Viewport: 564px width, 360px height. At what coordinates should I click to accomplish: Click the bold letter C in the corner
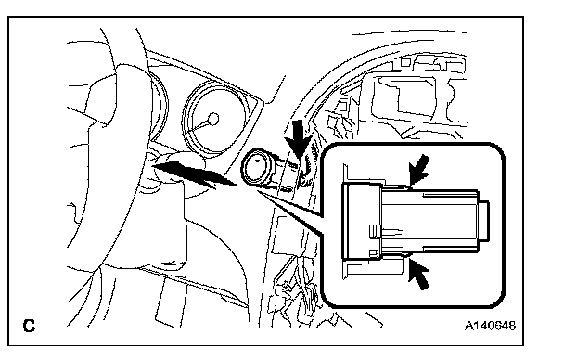pos(29,326)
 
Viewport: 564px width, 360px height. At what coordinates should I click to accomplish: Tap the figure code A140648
pos(491,326)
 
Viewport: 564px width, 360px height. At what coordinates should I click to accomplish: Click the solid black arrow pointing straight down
pos(298,139)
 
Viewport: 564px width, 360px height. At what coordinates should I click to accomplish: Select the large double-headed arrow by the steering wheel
pos(194,174)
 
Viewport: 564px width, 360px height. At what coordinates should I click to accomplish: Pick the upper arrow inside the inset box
pos(420,170)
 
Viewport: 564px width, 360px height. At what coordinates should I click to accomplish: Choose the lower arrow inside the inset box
pos(419,275)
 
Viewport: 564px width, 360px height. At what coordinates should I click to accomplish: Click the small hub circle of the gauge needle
pos(213,119)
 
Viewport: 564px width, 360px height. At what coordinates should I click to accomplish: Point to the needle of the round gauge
pos(200,125)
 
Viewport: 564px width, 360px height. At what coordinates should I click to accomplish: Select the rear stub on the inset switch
pos(484,220)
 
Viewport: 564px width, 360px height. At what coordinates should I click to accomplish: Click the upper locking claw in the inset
pos(397,186)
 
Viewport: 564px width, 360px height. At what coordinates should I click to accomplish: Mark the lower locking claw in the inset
pos(396,255)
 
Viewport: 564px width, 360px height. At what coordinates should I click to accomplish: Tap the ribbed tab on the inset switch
pos(375,231)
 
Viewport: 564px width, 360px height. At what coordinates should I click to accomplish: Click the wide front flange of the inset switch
pos(362,221)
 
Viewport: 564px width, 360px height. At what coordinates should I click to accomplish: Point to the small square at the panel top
pos(405,62)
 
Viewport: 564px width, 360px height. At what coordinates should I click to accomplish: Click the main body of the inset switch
pos(429,220)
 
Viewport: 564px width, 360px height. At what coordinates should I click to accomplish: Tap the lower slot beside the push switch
pos(286,189)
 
